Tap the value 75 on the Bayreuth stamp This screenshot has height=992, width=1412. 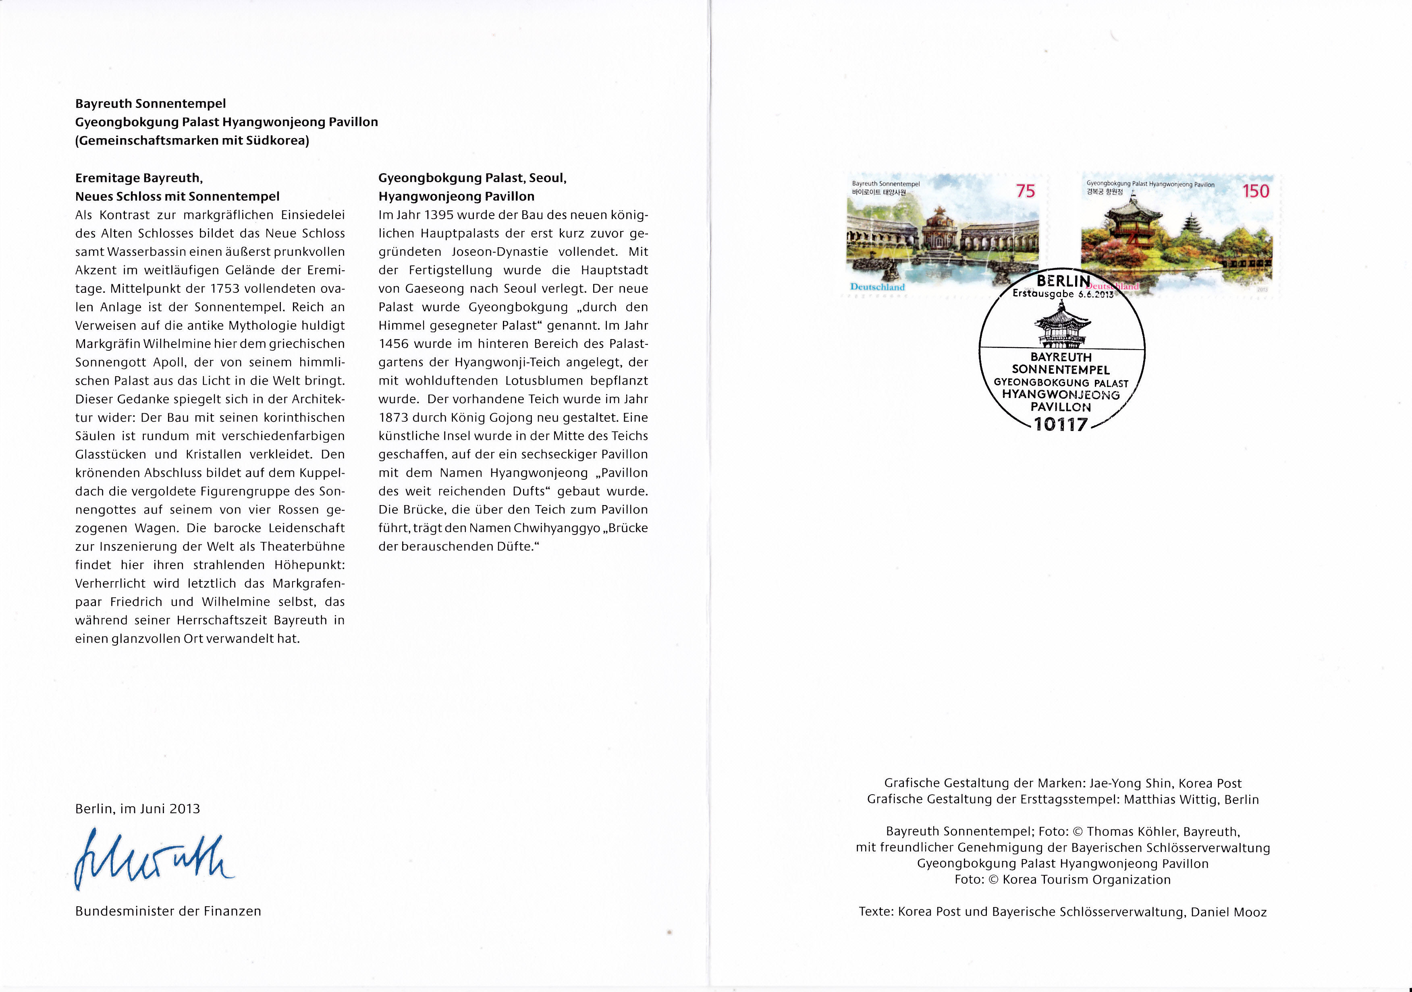coord(1025,191)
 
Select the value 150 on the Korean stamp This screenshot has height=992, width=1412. coord(1255,191)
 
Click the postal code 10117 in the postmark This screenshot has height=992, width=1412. coord(1061,424)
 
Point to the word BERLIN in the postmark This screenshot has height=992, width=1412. coord(1063,281)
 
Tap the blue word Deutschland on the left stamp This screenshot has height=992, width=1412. coord(877,287)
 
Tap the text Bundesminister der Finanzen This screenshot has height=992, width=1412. coord(168,911)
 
